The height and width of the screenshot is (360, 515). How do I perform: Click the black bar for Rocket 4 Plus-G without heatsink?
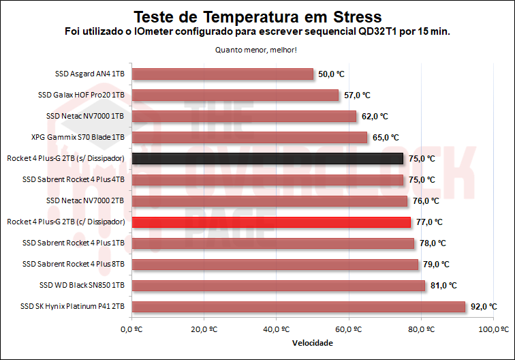(267, 158)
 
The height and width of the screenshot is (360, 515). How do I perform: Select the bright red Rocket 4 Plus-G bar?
(270, 222)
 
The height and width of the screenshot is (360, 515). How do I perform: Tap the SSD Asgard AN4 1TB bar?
(221, 74)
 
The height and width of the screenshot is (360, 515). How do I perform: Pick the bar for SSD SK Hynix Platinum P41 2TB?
(298, 306)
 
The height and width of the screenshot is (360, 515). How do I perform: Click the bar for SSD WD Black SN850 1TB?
(278, 285)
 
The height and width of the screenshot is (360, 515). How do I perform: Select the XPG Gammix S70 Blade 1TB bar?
(249, 137)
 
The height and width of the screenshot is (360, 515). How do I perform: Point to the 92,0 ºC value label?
(484, 306)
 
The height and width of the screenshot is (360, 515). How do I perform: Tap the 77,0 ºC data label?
(429, 222)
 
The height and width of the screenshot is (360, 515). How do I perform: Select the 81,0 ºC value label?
(443, 285)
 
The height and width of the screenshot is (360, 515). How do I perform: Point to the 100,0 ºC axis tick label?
(495, 330)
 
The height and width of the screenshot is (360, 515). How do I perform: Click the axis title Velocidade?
(313, 343)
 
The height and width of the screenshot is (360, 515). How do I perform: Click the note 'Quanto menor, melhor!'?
(256, 50)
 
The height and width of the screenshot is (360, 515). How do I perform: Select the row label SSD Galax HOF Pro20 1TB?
(81, 95)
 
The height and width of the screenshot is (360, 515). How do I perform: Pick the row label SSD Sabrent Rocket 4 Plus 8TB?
(74, 264)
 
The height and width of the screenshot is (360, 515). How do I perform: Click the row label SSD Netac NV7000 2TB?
(85, 200)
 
